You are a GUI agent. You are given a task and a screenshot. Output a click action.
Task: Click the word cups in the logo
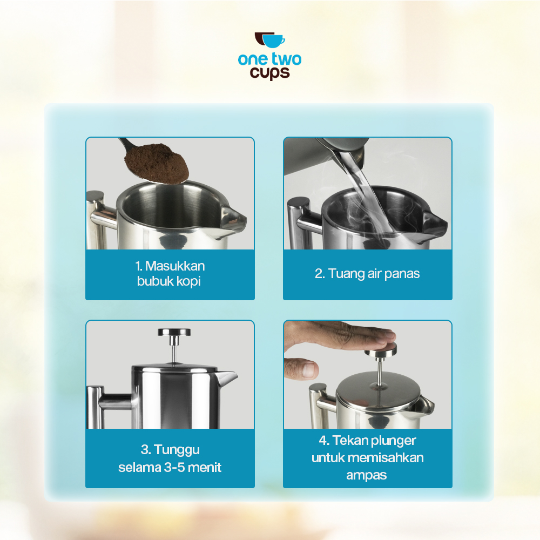269,73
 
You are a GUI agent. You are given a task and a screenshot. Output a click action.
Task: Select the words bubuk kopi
169,281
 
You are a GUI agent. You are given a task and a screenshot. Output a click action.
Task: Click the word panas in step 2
402,274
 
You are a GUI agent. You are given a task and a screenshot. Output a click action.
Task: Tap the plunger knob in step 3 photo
174,333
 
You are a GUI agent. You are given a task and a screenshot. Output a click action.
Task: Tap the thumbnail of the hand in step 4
307,369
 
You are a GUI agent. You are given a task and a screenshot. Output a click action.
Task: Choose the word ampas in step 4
367,475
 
